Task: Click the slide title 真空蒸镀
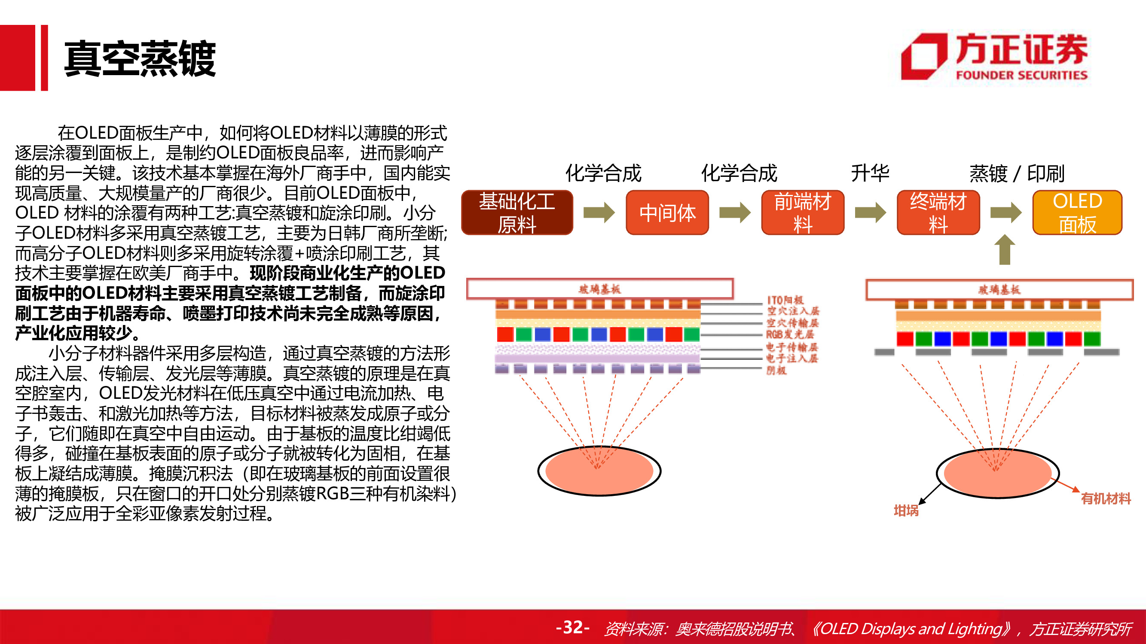tap(140, 59)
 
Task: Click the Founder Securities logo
tap(995, 58)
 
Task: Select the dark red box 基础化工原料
tap(516, 213)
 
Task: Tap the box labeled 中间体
tap(667, 213)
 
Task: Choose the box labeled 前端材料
tap(802, 213)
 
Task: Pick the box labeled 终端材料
tap(938, 213)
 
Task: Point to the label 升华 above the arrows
tap(869, 173)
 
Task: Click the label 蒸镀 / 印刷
tap(1017, 173)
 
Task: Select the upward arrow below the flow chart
tap(1004, 250)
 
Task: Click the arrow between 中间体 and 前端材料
tap(734, 213)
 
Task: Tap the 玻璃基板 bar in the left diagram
tap(599, 289)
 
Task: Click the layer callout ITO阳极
tap(785, 300)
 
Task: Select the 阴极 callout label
tap(776, 370)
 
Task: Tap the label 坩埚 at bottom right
tap(906, 510)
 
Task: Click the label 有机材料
tap(1106, 498)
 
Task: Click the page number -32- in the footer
tap(572, 627)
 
